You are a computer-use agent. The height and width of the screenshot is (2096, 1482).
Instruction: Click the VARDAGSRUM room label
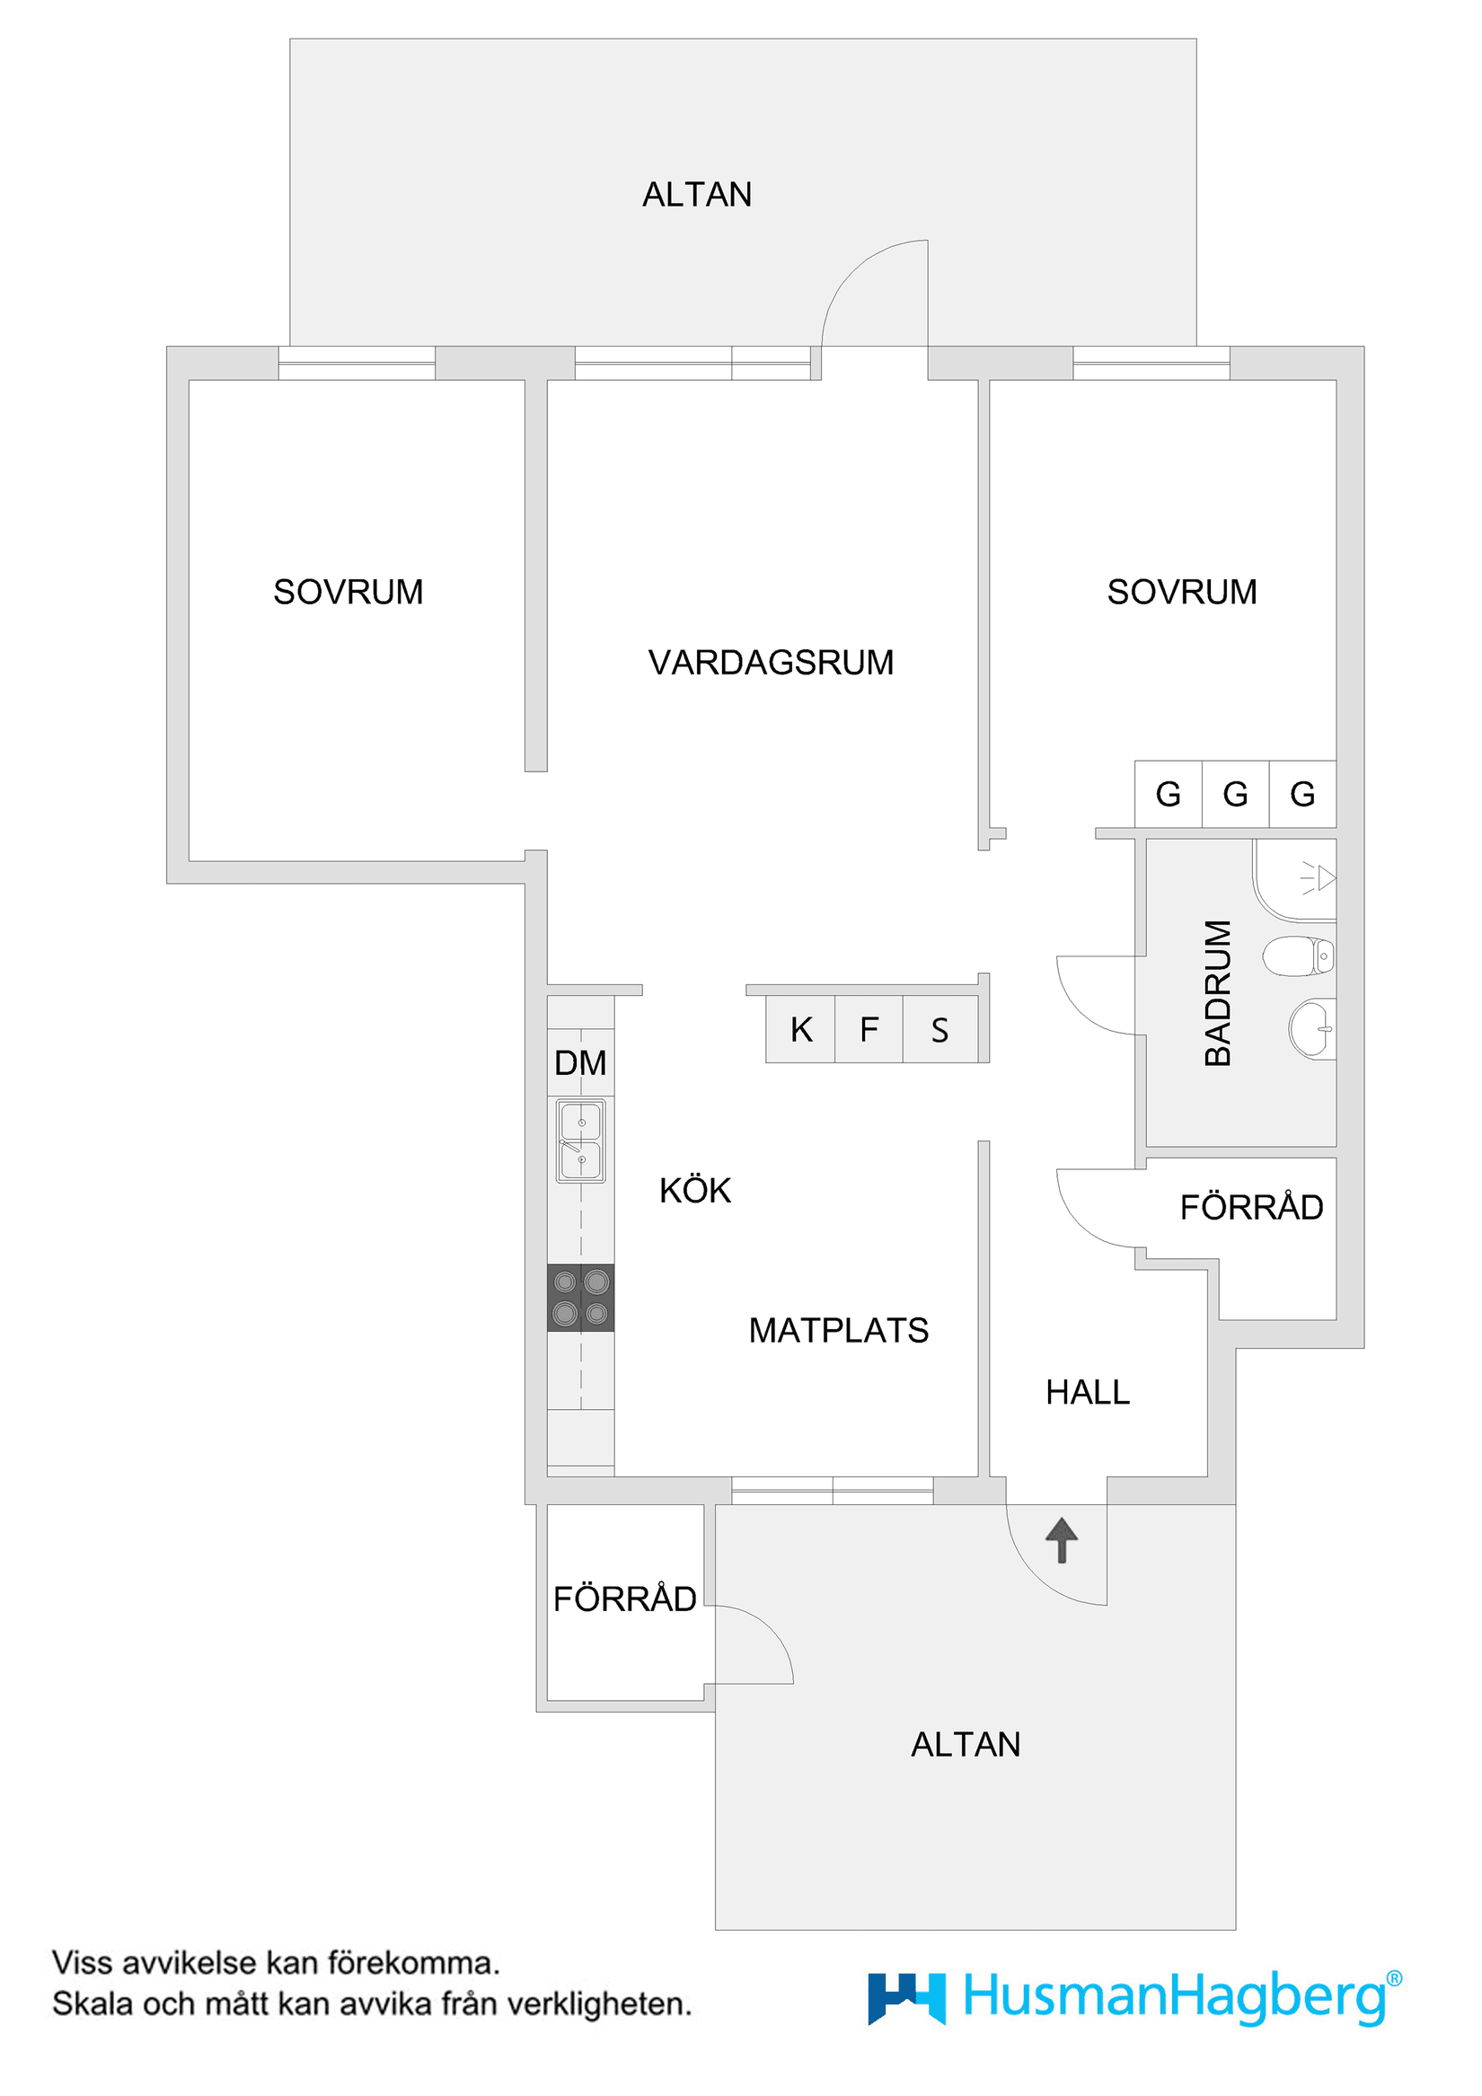tap(771, 663)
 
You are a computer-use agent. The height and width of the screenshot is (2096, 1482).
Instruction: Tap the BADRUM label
tap(1218, 993)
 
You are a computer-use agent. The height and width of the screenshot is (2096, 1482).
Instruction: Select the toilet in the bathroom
tap(1299, 956)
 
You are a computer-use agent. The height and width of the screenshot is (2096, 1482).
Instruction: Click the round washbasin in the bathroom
tap(1312, 1029)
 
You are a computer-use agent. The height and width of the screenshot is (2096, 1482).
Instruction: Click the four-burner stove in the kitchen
tap(581, 1299)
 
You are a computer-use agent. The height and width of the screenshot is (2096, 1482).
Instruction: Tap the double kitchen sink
tap(581, 1141)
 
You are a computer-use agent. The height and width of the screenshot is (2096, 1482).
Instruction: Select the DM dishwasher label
tap(581, 1062)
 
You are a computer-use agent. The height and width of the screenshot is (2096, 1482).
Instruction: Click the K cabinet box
tap(801, 1030)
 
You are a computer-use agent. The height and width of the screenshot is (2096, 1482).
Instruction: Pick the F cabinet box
tap(869, 1030)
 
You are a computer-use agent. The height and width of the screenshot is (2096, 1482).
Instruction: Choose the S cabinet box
tap(939, 1030)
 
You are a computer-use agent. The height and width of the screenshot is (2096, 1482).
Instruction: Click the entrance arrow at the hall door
tap(1061, 1540)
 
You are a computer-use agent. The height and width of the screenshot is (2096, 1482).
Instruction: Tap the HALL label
tap(1088, 1392)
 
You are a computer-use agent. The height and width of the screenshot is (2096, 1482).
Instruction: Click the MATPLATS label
tap(838, 1331)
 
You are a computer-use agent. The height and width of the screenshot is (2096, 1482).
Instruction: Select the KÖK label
tap(695, 1192)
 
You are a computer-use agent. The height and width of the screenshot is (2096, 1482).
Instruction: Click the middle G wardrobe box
tap(1236, 794)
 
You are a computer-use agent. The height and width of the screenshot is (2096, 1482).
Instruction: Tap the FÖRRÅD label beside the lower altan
tap(624, 1599)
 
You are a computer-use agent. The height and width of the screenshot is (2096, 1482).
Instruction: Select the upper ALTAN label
tap(697, 195)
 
